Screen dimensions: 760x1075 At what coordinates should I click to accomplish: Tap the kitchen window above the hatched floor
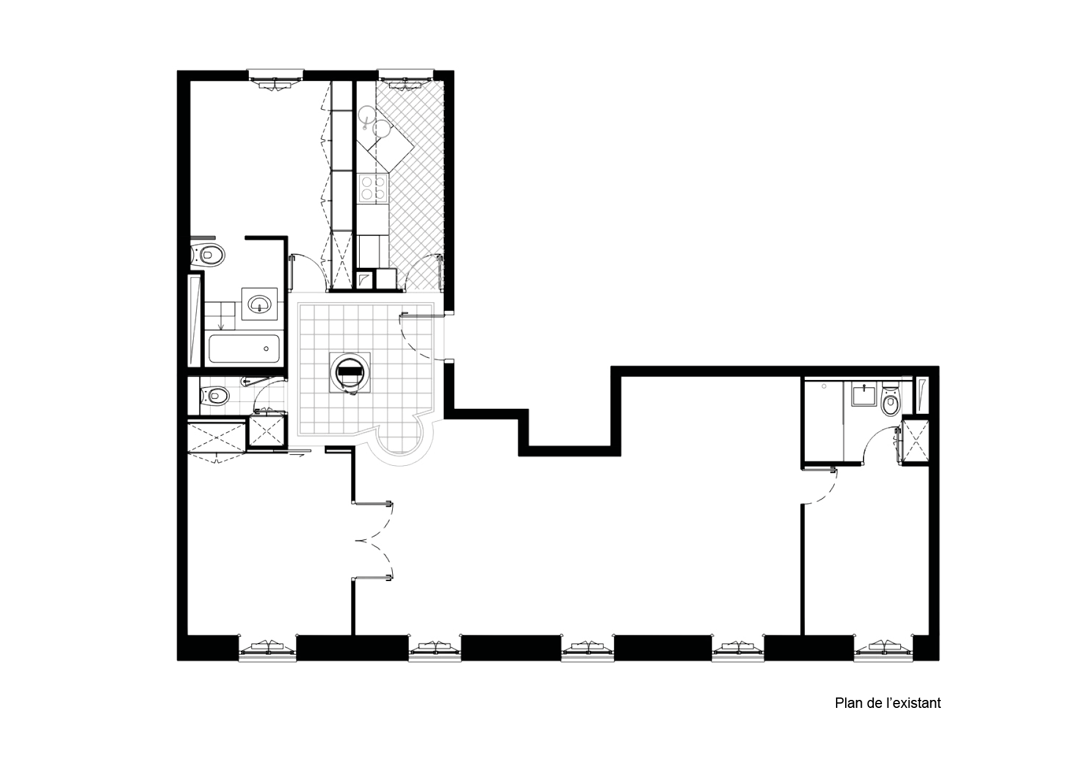(x=405, y=77)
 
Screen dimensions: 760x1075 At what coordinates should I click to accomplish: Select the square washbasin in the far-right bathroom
(x=864, y=395)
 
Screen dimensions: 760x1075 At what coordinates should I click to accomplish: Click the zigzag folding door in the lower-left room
(x=375, y=539)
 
